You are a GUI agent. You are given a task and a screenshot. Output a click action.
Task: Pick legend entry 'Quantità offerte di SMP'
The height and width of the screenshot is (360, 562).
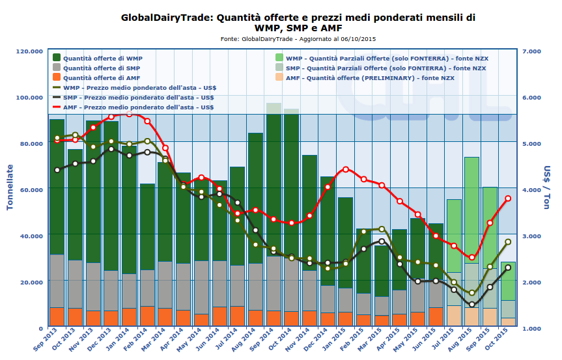(102, 68)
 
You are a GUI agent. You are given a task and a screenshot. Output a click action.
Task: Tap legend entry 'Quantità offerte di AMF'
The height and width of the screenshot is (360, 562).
(102, 77)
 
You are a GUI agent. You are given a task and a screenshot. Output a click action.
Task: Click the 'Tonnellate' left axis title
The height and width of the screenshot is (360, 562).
(10, 189)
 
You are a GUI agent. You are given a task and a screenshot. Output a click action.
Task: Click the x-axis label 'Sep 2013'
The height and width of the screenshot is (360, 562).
(46, 342)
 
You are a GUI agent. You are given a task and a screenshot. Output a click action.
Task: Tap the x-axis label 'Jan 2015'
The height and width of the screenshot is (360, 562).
(335, 342)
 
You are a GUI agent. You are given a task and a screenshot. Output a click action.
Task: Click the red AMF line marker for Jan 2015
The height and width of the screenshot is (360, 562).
(346, 169)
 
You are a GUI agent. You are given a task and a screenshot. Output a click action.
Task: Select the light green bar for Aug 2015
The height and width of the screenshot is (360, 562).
(471, 208)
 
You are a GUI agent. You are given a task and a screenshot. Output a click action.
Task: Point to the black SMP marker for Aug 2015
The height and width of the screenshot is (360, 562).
(471, 305)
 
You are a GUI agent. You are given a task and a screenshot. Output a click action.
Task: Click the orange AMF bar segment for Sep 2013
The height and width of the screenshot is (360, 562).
(57, 317)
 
